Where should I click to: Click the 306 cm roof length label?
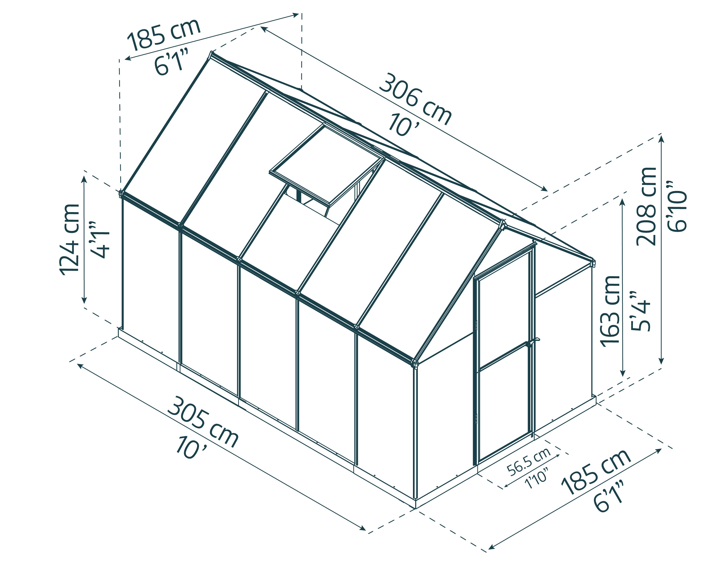pyautogui.click(x=415, y=100)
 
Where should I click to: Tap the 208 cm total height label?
pyautogui.click(x=646, y=207)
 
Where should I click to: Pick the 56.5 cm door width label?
pyautogui.click(x=529, y=462)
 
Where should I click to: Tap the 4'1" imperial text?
pyautogui.click(x=99, y=239)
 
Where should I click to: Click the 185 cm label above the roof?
pyautogui.click(x=164, y=34)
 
